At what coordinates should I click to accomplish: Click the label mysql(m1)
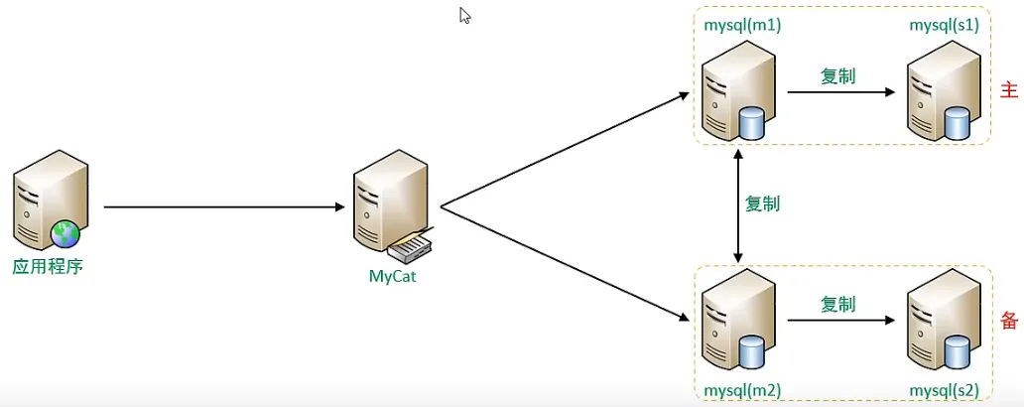click(x=742, y=27)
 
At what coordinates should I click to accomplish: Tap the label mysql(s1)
click(x=945, y=27)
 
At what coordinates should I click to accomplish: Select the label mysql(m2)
click(x=742, y=391)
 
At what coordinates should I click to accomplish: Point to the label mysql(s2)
click(x=945, y=391)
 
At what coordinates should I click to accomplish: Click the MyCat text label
click(x=393, y=276)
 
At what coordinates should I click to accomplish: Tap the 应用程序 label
click(x=48, y=267)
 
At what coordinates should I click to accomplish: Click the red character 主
click(x=1009, y=90)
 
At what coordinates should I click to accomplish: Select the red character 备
click(x=1009, y=320)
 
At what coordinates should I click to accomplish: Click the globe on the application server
click(x=65, y=234)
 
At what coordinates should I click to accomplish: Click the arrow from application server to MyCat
click(x=224, y=207)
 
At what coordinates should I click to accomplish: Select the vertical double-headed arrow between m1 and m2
click(x=738, y=204)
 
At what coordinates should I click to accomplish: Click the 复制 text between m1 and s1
click(x=837, y=76)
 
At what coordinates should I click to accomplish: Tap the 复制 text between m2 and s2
click(x=837, y=304)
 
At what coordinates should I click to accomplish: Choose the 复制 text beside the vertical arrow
click(x=763, y=203)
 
